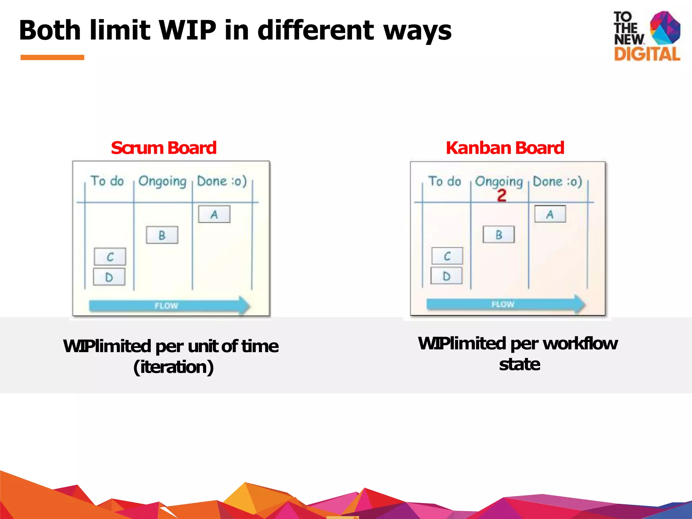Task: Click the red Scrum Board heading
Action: click(x=164, y=148)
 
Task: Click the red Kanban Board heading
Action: click(x=505, y=148)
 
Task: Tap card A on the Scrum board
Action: click(x=214, y=214)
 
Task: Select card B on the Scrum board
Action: click(x=162, y=235)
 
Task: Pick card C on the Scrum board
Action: click(x=110, y=257)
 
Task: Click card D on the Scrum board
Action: click(x=109, y=277)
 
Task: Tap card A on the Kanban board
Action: click(x=550, y=214)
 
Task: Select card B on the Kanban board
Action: click(x=499, y=234)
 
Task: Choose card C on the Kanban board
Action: click(x=447, y=256)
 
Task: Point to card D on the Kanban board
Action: click(x=446, y=276)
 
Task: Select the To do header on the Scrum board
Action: click(x=107, y=181)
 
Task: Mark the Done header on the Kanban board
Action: click(x=557, y=181)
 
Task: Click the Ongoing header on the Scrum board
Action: click(x=162, y=181)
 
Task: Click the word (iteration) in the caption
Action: click(x=173, y=367)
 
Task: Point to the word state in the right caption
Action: click(x=519, y=365)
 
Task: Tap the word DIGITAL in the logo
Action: click(x=647, y=54)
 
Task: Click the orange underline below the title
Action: click(x=52, y=57)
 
